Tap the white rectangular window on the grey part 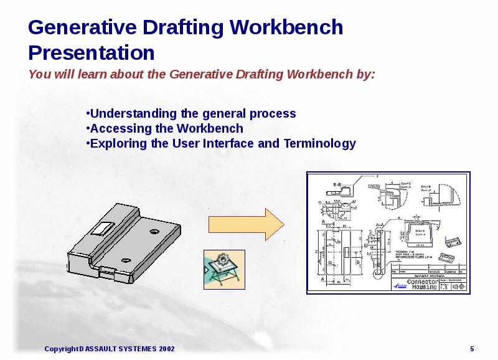coord(100,227)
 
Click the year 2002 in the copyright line coord(167,349)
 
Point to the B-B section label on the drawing coord(337,184)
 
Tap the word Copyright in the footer coord(61,349)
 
